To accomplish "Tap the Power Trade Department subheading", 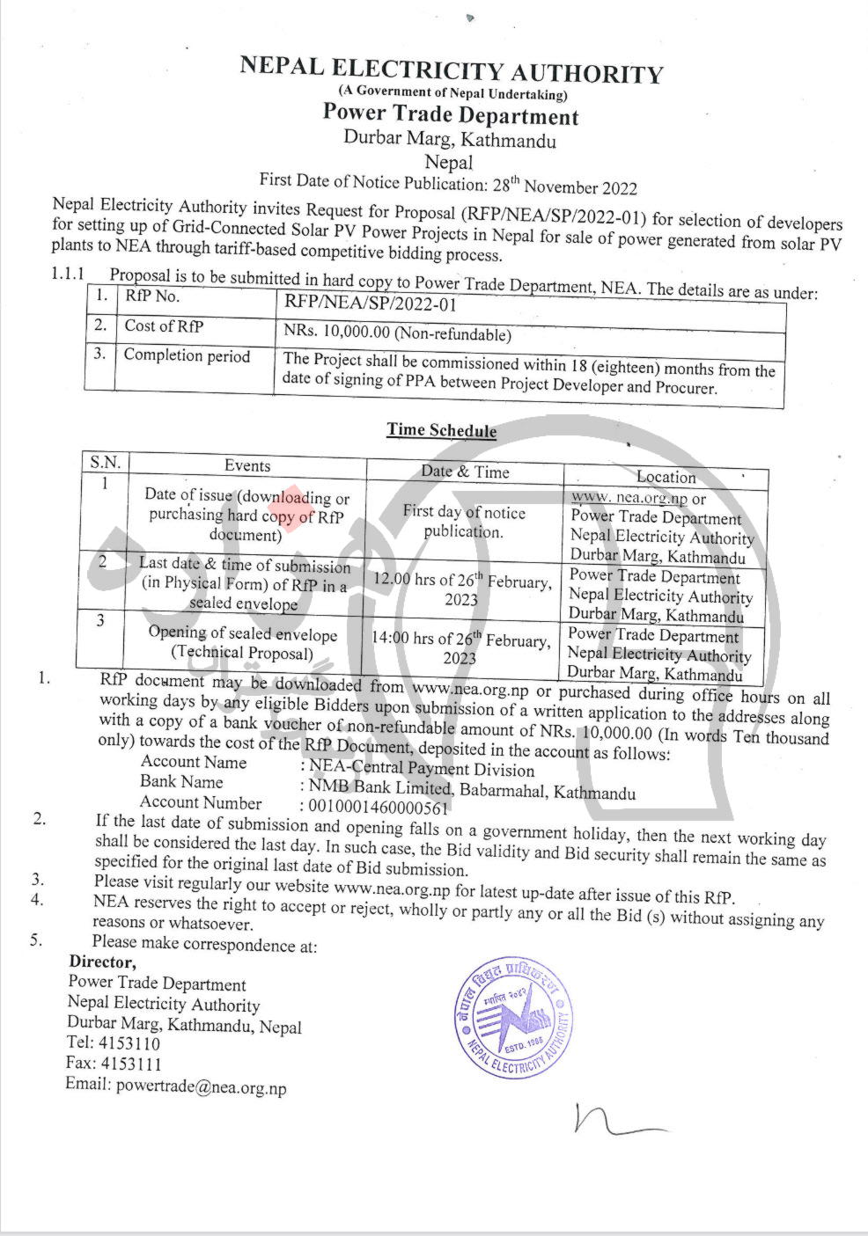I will [x=450, y=115].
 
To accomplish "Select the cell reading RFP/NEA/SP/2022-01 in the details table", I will [x=370, y=304].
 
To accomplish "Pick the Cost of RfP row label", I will [x=164, y=326].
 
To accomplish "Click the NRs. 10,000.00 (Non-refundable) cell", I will [x=397, y=333].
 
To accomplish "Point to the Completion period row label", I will [x=187, y=356].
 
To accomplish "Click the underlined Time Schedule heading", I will [x=441, y=430].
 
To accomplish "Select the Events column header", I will [x=247, y=466].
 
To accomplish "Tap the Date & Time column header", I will [x=465, y=472].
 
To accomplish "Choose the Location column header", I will [x=666, y=477].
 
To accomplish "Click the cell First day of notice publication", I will [x=463, y=522].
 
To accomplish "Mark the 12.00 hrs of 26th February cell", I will [x=462, y=589].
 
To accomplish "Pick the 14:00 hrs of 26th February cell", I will [x=460, y=648].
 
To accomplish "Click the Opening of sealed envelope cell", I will [x=242, y=643].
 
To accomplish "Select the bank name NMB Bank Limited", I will [x=380, y=786].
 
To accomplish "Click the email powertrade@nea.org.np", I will [x=202, y=1086].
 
